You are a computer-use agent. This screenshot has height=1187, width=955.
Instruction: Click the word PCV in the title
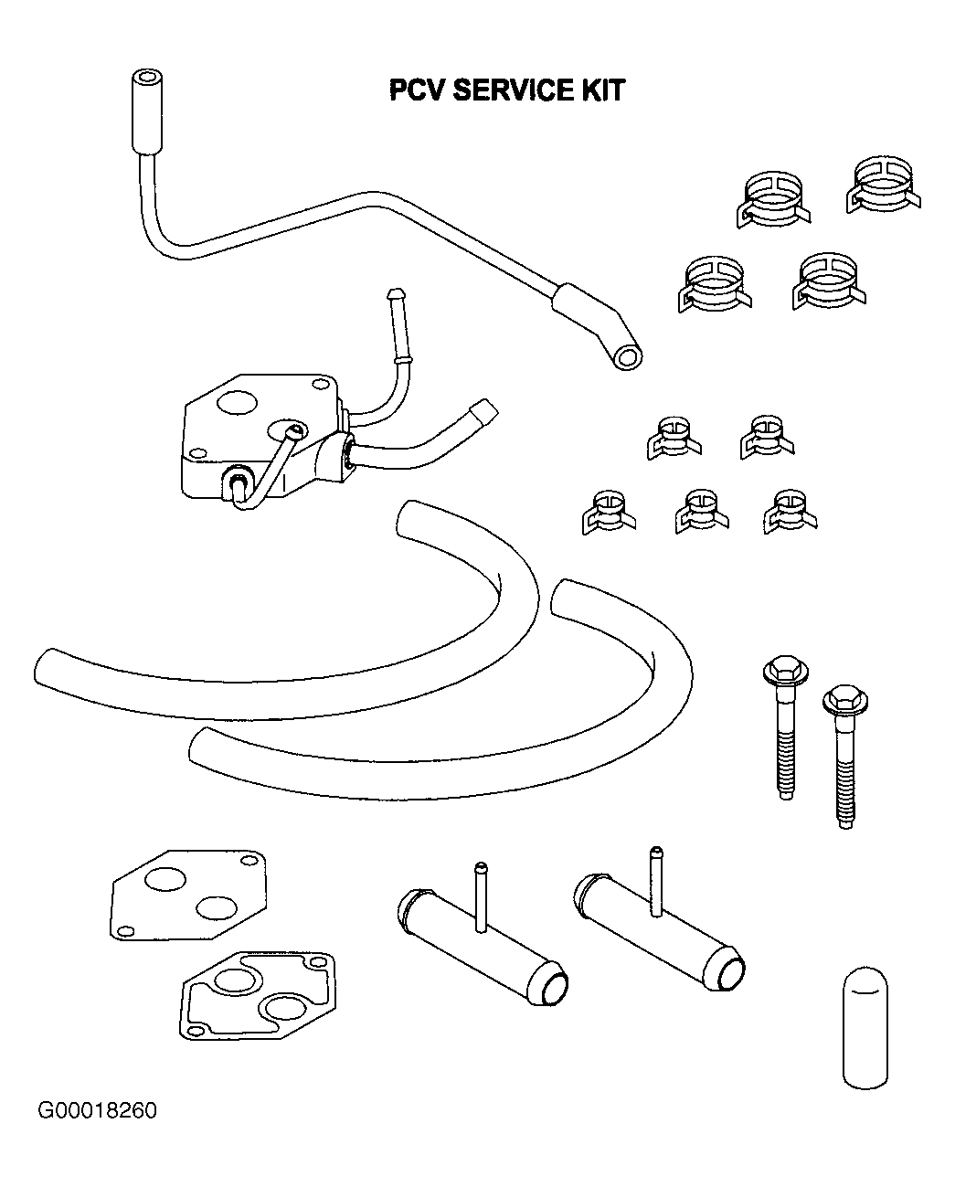[417, 90]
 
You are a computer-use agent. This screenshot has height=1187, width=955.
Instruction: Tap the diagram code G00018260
[97, 1109]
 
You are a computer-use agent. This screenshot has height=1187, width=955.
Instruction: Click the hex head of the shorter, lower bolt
[844, 699]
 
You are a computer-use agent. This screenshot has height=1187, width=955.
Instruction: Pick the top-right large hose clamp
[883, 185]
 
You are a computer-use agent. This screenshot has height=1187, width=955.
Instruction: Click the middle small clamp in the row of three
[702, 511]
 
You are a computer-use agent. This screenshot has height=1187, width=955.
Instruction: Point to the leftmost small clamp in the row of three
[609, 512]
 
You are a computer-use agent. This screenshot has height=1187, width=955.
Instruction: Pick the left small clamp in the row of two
[674, 438]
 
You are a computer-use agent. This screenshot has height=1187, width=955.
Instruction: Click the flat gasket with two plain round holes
[188, 895]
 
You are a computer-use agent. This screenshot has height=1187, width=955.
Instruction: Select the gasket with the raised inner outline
[257, 995]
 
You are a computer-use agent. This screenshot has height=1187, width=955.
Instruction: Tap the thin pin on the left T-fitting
[481, 896]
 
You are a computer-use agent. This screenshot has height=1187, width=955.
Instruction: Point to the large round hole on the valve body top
[238, 402]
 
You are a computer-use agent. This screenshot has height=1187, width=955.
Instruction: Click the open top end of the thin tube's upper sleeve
[147, 77]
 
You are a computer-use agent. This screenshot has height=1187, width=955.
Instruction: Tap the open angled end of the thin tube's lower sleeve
[627, 357]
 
